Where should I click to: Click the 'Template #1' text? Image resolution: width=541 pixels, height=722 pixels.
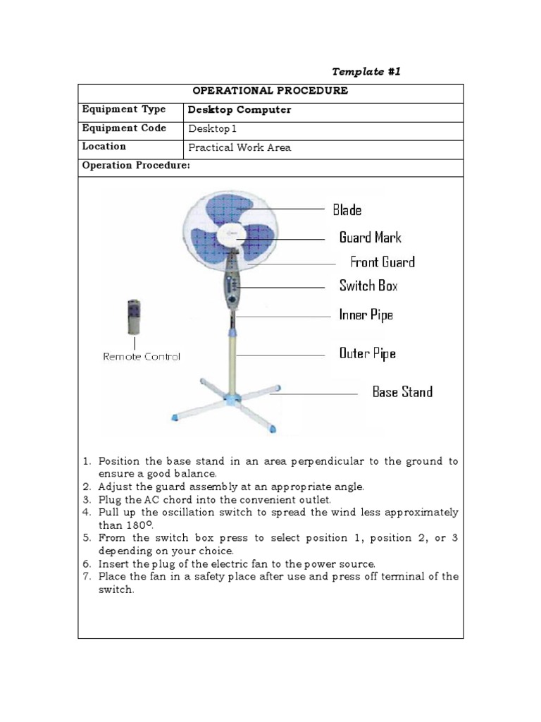click(366, 71)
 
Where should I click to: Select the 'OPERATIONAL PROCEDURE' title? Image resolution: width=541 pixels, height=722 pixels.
click(270, 92)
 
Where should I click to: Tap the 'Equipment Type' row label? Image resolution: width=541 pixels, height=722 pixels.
click(124, 110)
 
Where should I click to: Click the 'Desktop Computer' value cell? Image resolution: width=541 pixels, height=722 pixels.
click(240, 110)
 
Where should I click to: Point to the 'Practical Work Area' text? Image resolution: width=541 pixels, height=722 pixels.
click(240, 148)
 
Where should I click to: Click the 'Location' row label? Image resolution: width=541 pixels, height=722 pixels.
click(104, 147)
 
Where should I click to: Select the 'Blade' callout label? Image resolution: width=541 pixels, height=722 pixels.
click(347, 209)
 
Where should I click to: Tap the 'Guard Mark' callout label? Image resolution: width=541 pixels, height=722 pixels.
click(370, 237)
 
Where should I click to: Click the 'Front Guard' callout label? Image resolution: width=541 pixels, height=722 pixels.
click(383, 262)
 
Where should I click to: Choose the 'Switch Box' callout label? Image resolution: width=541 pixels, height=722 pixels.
click(368, 286)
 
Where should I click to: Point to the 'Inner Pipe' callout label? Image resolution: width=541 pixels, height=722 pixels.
click(366, 315)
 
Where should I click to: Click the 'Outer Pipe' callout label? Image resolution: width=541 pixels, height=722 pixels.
click(367, 353)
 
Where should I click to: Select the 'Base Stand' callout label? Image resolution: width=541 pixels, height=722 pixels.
click(402, 392)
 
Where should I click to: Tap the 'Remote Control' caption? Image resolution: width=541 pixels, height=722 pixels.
click(142, 357)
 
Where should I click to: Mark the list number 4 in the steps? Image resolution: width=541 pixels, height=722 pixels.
click(87, 512)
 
